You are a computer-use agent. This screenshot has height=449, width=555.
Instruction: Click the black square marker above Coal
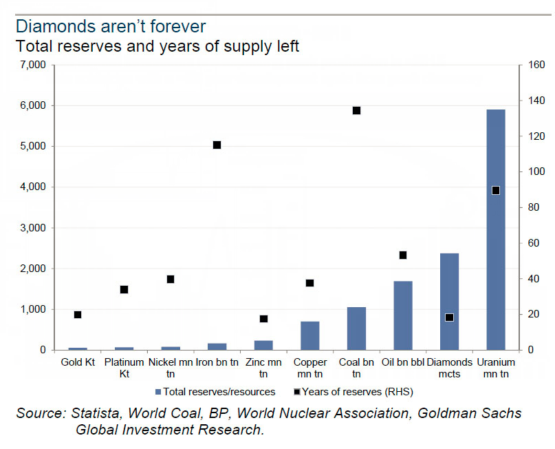pyautogui.click(x=356, y=110)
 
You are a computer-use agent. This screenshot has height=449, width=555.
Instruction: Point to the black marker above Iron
pyautogui.click(x=217, y=145)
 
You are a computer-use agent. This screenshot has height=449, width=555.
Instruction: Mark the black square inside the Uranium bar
pyautogui.click(x=495, y=190)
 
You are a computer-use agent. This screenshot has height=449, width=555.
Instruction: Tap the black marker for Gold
pyautogui.click(x=78, y=315)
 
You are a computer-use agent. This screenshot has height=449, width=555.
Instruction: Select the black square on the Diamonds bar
pyautogui.click(x=449, y=317)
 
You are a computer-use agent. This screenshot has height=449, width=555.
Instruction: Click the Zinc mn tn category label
pyautogui.click(x=263, y=368)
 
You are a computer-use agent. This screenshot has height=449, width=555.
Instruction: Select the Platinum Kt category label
pyautogui.click(x=124, y=368)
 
